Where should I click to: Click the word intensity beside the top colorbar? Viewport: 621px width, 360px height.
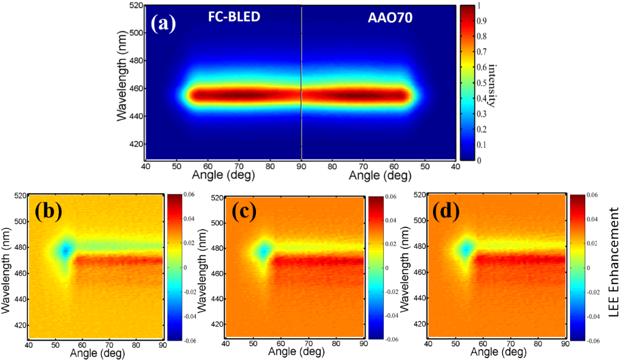[492, 84]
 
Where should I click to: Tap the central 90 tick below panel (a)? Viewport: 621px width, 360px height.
[301, 166]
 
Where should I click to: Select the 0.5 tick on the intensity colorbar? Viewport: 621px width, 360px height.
[483, 83]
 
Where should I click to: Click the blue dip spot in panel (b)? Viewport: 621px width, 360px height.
[64, 250]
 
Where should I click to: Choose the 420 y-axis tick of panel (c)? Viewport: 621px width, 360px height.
[216, 325]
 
